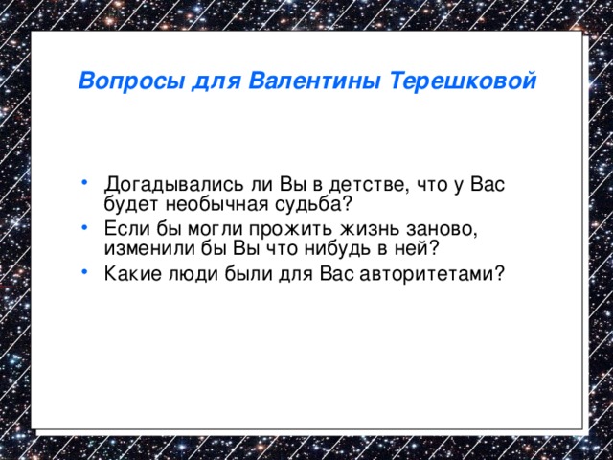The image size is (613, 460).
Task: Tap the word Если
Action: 125,229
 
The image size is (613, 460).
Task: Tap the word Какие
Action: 130,274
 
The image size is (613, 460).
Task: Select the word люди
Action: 184,274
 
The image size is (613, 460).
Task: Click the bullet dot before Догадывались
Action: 87,179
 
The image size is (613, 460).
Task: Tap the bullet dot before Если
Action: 87,224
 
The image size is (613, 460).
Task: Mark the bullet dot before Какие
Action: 87,269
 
